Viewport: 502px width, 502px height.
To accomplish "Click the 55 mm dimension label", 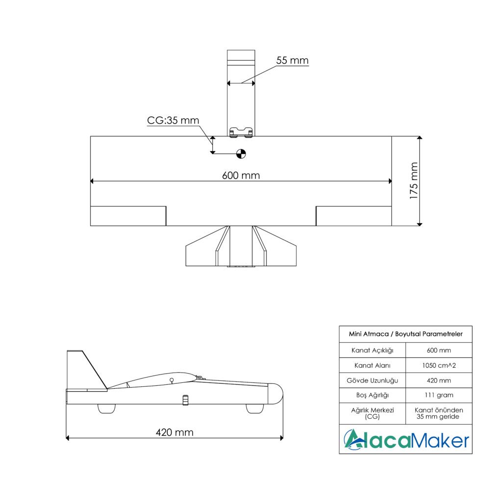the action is (292, 60).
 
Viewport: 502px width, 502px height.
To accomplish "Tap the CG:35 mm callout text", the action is (173, 121).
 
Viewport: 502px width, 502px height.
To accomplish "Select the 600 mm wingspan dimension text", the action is (241, 176).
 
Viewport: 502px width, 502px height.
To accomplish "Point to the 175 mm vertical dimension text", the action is (414, 181).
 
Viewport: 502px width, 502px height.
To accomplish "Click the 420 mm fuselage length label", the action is (175, 432).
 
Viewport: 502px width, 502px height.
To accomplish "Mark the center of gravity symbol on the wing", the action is (241, 153).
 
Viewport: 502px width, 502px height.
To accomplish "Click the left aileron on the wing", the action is (128, 216).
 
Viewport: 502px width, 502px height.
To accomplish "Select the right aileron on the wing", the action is (354, 216).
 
